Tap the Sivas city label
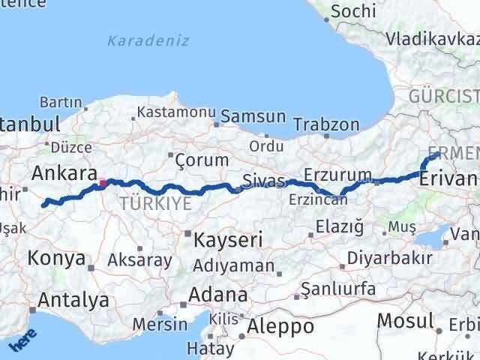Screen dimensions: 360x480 tap(263, 181)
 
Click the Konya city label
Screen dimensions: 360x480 tap(56, 259)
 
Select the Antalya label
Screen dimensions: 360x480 tap(73, 301)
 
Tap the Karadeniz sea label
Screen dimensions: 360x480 tap(148, 40)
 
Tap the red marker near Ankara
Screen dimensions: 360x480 tap(103, 182)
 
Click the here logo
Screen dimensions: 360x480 tap(22, 342)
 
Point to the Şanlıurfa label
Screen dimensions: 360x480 tap(336, 288)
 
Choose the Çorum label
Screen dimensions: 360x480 tap(201, 160)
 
